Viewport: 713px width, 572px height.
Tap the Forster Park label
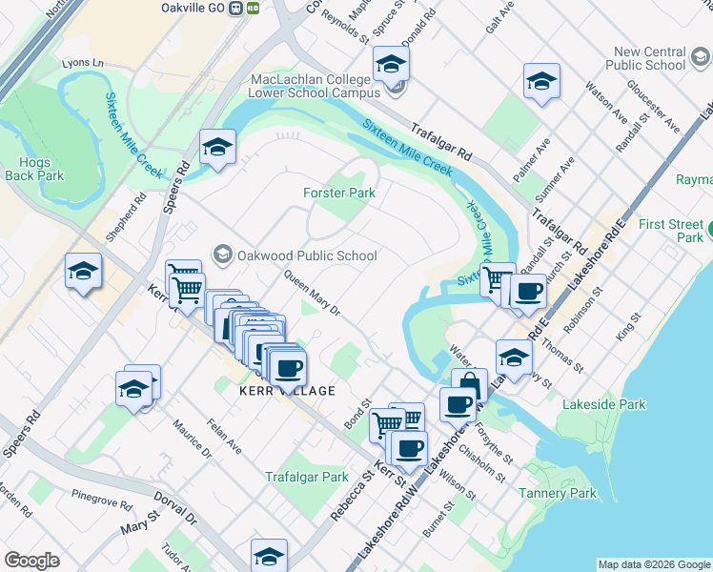click(339, 193)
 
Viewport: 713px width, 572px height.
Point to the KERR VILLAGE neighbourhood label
click(288, 391)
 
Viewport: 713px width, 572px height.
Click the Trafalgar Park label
click(306, 477)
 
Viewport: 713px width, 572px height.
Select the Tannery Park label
click(558, 493)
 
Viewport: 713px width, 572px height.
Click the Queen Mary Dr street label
click(312, 291)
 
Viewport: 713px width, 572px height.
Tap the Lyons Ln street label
click(82, 63)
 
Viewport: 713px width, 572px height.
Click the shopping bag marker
click(468, 386)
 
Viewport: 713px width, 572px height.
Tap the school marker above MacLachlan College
click(391, 64)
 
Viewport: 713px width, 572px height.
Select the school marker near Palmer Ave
click(541, 81)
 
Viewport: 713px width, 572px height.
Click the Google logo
click(32, 561)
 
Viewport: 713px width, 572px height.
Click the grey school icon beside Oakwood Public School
click(223, 255)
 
